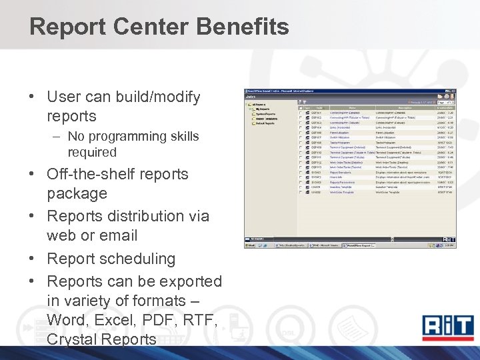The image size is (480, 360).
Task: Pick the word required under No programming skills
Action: coord(91,153)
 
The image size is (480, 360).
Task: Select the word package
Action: coord(77,193)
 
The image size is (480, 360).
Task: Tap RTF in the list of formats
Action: coord(201,320)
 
